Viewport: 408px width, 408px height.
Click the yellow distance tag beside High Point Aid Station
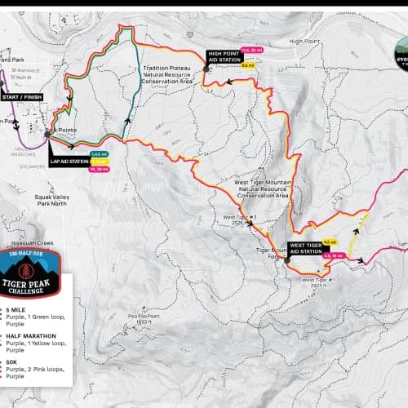pos(248,64)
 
